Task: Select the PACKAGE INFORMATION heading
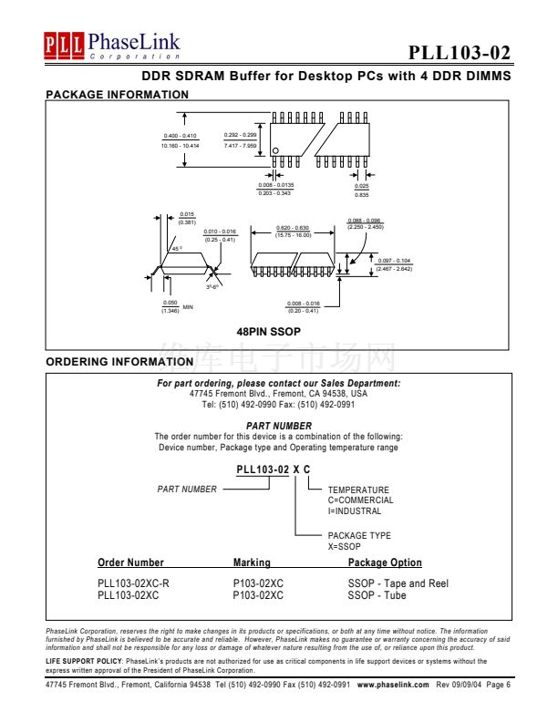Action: tap(117, 94)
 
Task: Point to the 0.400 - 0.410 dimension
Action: tap(180, 137)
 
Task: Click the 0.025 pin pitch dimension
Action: tap(362, 186)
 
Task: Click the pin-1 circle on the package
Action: tap(276, 150)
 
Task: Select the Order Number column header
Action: tap(130, 563)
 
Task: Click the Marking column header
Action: tap(252, 563)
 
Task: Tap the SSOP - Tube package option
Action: tap(377, 595)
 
